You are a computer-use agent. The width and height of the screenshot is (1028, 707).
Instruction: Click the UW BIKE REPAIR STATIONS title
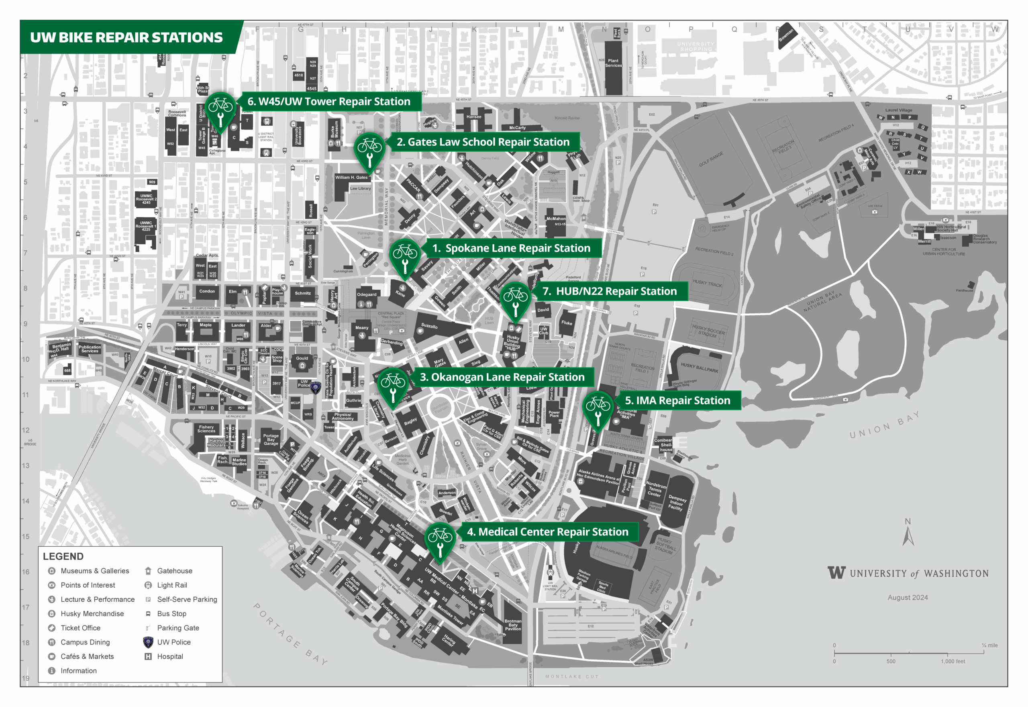pos(126,38)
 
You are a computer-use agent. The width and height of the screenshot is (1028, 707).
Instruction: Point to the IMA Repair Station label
pos(677,400)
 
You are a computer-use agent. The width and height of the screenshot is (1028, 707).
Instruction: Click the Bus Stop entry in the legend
pos(171,613)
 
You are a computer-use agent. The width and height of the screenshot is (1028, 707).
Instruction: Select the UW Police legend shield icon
pos(148,642)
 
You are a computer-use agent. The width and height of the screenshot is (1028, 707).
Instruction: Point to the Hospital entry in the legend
pos(169,656)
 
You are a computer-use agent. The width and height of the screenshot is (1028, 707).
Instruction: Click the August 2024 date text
pos(907,597)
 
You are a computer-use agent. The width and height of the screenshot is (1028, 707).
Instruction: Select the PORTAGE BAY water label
pos(290,633)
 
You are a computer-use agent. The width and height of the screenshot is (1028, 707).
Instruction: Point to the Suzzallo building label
pos(429,326)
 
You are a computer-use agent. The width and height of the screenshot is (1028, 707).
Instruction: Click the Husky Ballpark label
pos(699,367)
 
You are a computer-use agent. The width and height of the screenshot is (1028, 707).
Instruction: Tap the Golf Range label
pos(711,159)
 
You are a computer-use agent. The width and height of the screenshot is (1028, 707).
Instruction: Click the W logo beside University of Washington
pos(836,573)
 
